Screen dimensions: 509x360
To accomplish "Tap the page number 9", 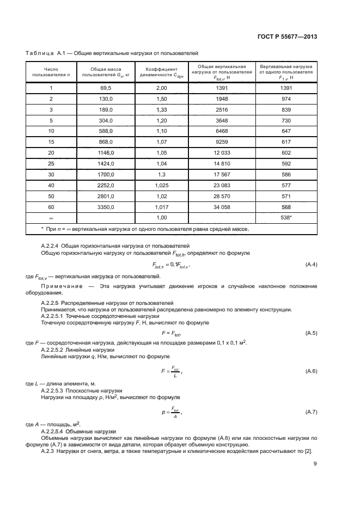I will coord(315,464).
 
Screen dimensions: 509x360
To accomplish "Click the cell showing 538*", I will coord(287,218).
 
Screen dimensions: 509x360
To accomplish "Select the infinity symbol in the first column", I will coord(51,218).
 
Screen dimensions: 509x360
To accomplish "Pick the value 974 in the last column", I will coord(287,99).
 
